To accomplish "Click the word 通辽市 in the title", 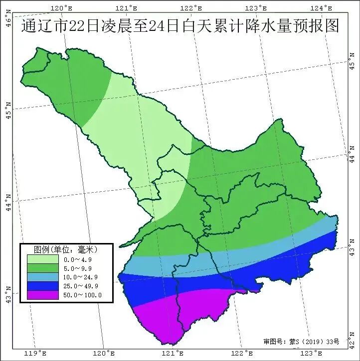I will pos(44,26).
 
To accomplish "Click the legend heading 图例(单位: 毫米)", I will pos(65,249).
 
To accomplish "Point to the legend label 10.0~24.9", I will pos(81,277).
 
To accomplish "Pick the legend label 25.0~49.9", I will pos(81,286).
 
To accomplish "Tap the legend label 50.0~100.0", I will pos(83,295).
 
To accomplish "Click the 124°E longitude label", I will pos(322,8).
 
